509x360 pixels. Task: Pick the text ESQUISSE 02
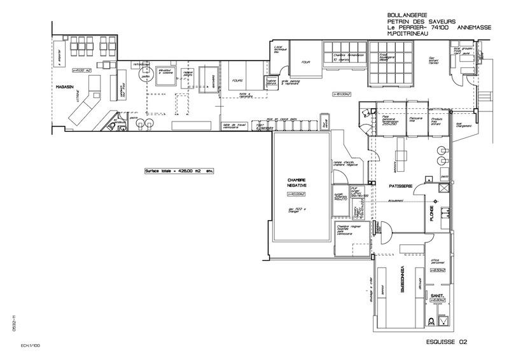(x=446, y=342)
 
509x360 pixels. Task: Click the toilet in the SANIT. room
(x=438, y=319)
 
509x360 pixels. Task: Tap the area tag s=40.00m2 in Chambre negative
(x=297, y=194)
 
